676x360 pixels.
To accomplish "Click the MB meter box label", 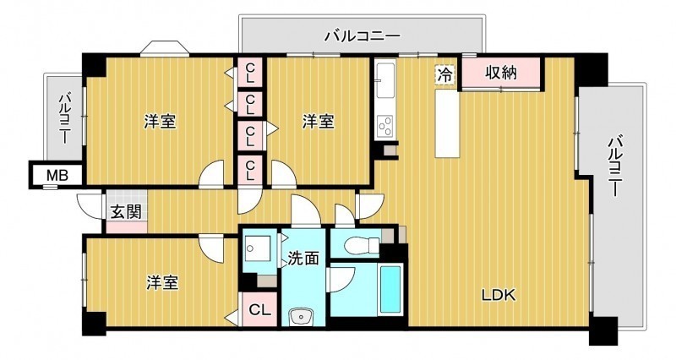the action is pyautogui.click(x=57, y=176).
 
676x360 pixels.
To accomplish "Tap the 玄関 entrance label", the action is pyautogui.click(x=126, y=212).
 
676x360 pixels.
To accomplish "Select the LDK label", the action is pyautogui.click(x=499, y=295).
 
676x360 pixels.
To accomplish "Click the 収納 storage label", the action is pyautogui.click(x=501, y=73).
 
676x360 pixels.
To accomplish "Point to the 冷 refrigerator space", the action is pyautogui.click(x=445, y=74).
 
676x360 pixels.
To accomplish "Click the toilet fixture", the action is pyautogui.click(x=362, y=246).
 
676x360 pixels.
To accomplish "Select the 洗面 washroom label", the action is pyautogui.click(x=303, y=259).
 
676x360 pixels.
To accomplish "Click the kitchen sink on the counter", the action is pyautogui.click(x=385, y=80).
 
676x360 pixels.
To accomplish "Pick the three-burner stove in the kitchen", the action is pyautogui.click(x=385, y=126).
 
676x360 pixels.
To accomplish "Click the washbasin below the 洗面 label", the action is pyautogui.click(x=300, y=317).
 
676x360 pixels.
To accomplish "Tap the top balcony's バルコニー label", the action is pyautogui.click(x=363, y=35).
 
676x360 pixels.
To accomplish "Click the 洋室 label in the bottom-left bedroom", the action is pyautogui.click(x=162, y=283).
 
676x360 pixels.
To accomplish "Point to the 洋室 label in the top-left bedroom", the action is pyautogui.click(x=160, y=122).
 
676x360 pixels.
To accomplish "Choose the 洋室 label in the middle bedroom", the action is pyautogui.click(x=319, y=122).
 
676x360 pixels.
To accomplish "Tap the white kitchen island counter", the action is pyautogui.click(x=446, y=124).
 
